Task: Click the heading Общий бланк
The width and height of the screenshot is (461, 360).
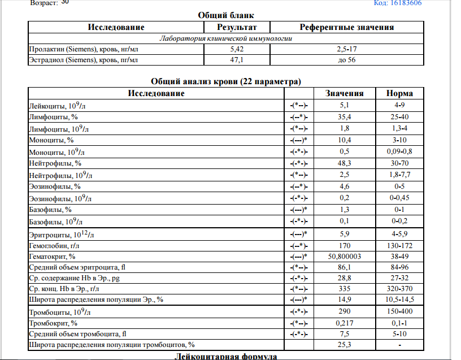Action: click(222, 15)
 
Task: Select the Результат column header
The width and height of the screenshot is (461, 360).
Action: click(237, 27)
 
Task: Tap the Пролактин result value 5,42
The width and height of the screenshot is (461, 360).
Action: click(237, 50)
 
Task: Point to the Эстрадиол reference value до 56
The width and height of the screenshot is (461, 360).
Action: click(346, 60)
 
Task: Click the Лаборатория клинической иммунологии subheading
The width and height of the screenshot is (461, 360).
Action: click(226, 39)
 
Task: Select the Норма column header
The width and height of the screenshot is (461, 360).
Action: click(399, 93)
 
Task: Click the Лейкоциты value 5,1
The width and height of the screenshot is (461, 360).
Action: click(345, 105)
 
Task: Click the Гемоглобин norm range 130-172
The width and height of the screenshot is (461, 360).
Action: click(399, 245)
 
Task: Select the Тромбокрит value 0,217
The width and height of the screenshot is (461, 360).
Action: click(345, 323)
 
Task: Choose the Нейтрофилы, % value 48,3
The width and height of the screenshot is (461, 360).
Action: click(345, 163)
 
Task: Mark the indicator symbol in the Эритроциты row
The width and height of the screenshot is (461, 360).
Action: click(298, 233)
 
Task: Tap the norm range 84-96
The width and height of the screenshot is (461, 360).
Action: click(399, 267)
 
